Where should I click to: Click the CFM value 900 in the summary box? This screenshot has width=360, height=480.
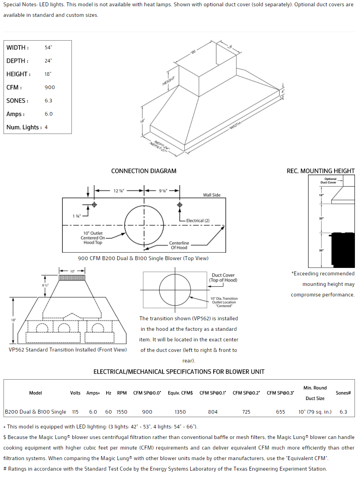pos(50,87)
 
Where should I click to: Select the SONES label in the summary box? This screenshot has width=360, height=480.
pos(17,101)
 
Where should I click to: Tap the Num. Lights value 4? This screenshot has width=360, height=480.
pos(46,127)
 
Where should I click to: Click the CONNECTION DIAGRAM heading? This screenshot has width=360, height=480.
pos(144,171)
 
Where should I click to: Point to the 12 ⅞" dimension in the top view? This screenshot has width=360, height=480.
pos(119,191)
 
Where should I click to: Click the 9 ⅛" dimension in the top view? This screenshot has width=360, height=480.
pos(163,191)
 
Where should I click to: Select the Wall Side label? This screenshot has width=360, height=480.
pos(212,195)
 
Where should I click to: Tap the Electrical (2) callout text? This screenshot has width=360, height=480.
pos(198,221)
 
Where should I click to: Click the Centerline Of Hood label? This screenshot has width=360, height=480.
pos(179,245)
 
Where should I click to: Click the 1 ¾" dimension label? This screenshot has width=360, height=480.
pos(76,216)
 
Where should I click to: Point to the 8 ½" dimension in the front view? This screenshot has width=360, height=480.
pos(46,285)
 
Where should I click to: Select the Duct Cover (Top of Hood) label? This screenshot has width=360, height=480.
pos(223,278)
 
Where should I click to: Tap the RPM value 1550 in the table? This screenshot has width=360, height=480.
pos(122,412)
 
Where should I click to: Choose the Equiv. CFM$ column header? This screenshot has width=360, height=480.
pos(180,393)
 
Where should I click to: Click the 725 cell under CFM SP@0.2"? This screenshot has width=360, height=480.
pos(246,412)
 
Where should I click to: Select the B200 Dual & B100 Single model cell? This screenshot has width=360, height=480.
pos(36,412)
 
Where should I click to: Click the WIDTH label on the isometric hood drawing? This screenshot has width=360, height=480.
pos(235,124)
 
